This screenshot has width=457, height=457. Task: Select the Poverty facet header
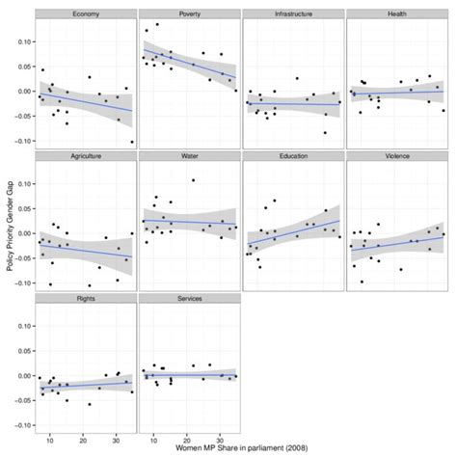click(x=188, y=13)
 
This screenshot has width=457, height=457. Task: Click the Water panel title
click(x=188, y=156)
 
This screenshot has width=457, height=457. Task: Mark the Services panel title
click(x=188, y=299)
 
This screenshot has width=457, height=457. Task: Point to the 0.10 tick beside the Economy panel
click(x=22, y=43)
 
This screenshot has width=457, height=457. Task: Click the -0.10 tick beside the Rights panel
click(x=20, y=427)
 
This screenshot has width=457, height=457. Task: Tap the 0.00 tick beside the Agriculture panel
click(x=22, y=234)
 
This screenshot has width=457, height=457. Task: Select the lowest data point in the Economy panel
click(x=132, y=142)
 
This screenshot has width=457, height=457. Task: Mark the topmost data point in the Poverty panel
click(x=157, y=24)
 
